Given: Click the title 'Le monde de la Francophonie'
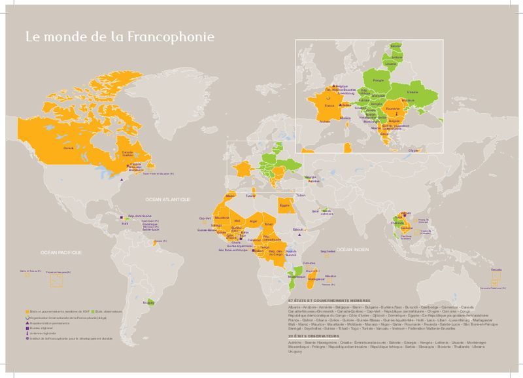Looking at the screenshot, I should click(119, 36).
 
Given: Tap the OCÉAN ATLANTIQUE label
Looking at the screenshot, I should click(168, 198).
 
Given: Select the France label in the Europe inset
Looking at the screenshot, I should click(329, 105).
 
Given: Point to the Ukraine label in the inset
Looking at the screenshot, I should click(412, 92).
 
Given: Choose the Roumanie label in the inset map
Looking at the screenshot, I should click(393, 109).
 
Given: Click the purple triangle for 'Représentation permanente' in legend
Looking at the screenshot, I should click(27, 324).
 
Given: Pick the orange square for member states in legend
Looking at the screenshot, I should click(27, 311).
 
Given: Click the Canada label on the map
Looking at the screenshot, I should click(68, 148).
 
